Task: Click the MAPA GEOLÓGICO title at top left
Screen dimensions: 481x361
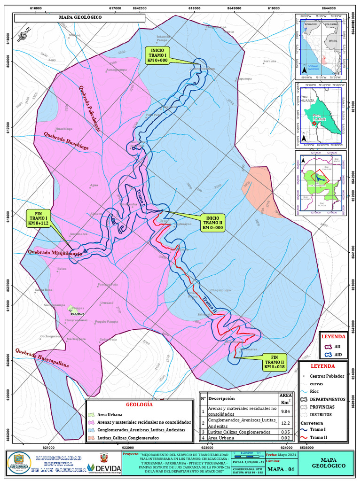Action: click(80, 18)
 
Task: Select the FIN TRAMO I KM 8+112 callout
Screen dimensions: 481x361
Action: click(39, 218)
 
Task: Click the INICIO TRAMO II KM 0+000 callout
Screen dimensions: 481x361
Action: click(213, 222)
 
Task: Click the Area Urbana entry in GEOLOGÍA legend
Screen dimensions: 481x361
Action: click(110, 415)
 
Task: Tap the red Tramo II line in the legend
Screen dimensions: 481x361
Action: click(305, 438)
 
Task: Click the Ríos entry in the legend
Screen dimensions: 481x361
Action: click(314, 391)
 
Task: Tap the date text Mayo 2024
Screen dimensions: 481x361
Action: click(287, 455)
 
